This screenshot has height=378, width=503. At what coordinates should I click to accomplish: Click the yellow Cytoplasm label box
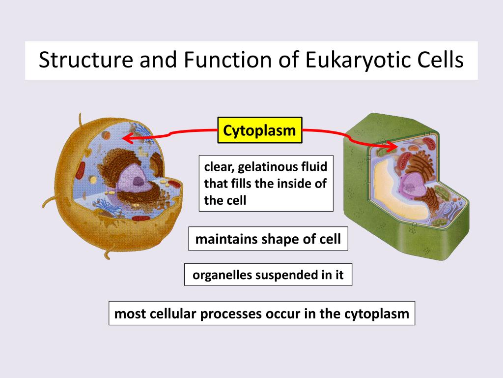pos(260,130)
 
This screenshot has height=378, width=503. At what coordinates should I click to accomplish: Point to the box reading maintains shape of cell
pos(268,239)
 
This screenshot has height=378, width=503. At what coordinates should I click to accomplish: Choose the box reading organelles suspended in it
pos(268,275)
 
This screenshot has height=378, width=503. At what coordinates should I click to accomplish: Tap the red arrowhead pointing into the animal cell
pos(127,138)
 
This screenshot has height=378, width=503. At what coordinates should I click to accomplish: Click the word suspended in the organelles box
pos(283,275)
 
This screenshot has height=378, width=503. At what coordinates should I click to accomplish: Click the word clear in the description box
pos(216,167)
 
